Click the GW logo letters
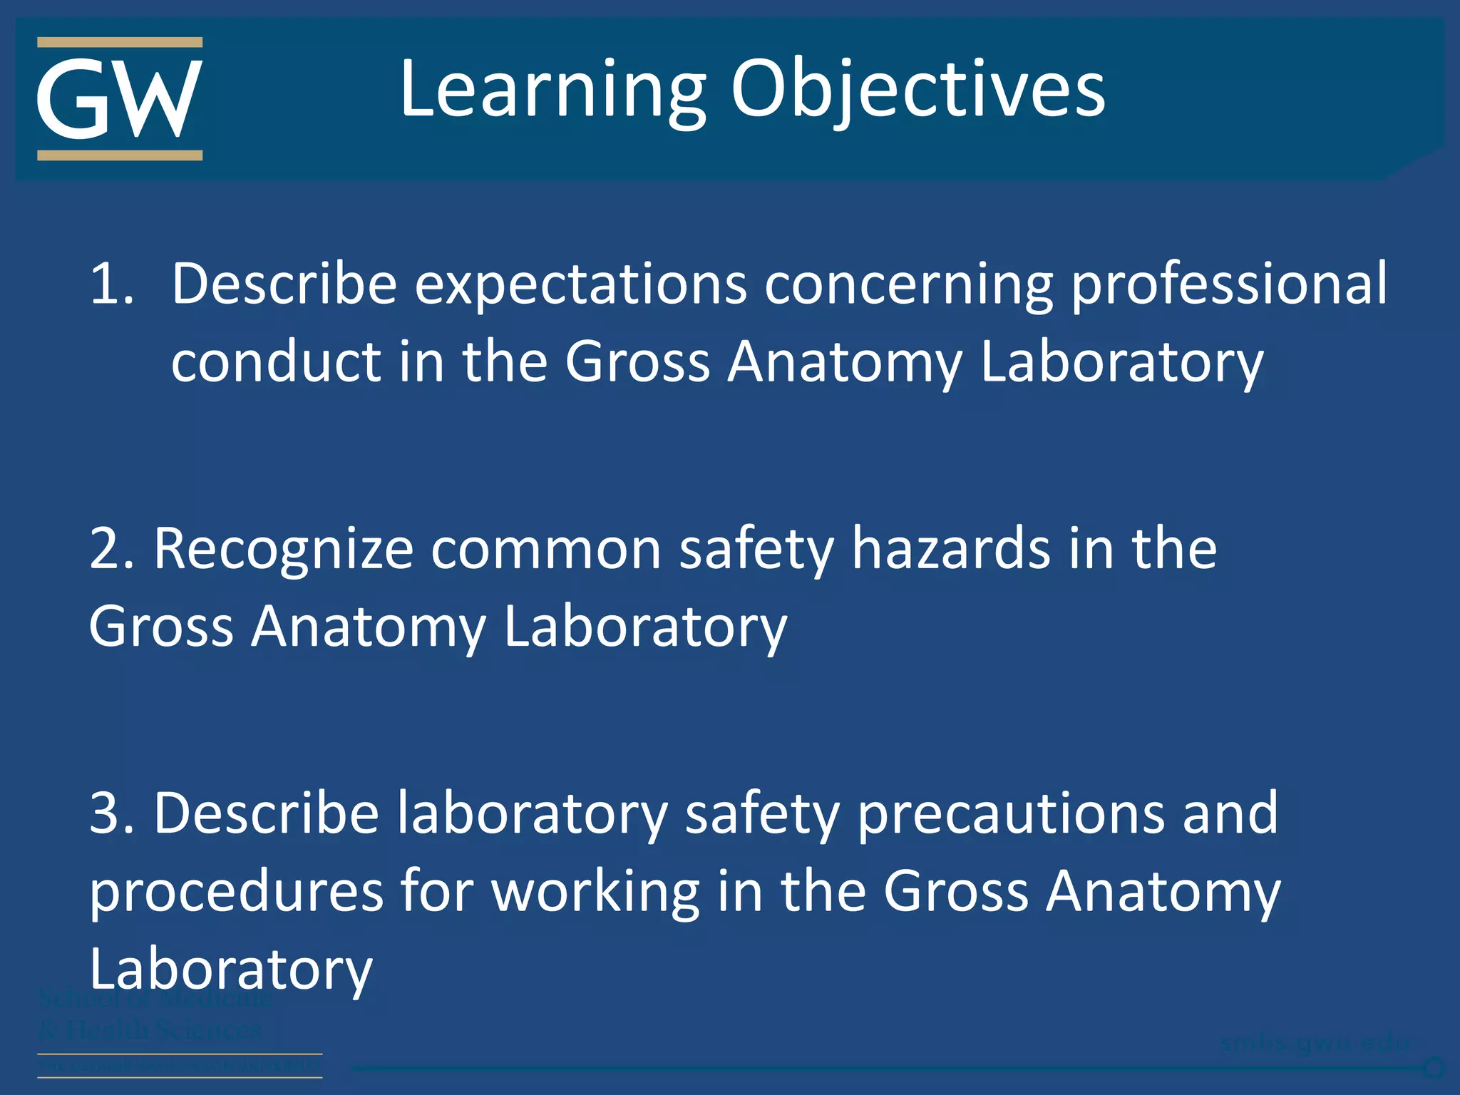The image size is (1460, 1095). [119, 99]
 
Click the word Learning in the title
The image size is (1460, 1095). [553, 90]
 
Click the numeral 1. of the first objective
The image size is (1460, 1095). [112, 284]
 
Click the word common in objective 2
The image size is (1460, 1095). [546, 550]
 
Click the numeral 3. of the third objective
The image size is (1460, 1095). [112, 813]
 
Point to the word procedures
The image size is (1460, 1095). [236, 893]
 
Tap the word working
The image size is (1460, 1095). [595, 893]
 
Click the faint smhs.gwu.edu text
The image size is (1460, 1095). [1315, 1042]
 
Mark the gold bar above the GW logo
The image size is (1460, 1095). [119, 43]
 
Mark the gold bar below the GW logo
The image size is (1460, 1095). [119, 155]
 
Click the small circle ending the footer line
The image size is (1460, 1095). [1434, 1068]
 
